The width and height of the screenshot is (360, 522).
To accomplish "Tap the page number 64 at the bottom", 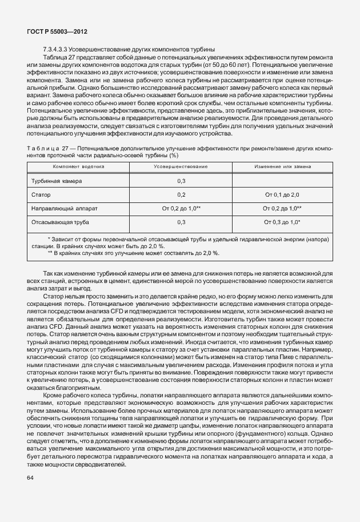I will click(x=30, y=477).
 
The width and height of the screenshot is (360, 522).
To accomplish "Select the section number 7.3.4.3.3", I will click(x=58, y=50).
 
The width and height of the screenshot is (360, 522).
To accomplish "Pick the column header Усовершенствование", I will click(x=181, y=167).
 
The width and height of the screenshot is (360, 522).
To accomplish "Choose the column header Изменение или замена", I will click(x=282, y=167).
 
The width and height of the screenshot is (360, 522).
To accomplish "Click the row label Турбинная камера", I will click(x=57, y=181).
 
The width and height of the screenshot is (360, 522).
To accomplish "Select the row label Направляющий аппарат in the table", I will click(x=63, y=208).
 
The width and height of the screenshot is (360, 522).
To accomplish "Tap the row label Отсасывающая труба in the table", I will click(x=60, y=222).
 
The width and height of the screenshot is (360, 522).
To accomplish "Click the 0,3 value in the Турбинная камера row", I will click(x=181, y=181).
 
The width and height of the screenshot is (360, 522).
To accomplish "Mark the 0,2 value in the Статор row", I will click(x=181, y=195).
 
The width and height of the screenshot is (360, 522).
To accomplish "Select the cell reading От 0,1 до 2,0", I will click(x=282, y=195).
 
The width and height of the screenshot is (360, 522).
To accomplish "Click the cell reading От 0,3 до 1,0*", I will click(x=282, y=222).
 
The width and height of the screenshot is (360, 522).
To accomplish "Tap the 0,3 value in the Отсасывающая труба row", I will click(x=181, y=222).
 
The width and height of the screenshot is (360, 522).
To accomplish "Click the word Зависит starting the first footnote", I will click(x=63, y=238).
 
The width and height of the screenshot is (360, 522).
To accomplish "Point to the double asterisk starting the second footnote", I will click(x=50, y=252).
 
